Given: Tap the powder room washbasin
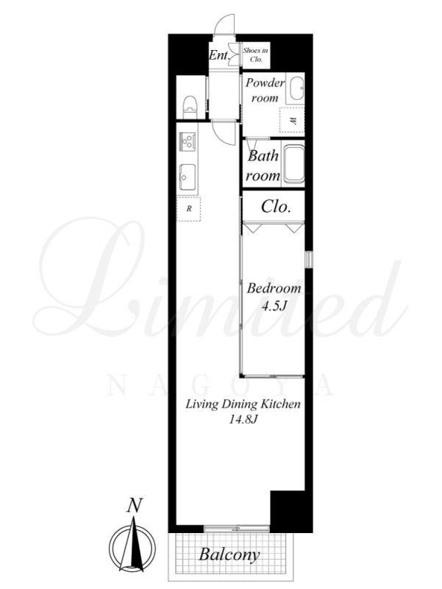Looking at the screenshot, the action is tap(296, 88).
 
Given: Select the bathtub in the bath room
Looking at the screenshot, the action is tap(293, 164).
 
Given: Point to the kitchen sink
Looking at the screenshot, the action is tap(187, 177).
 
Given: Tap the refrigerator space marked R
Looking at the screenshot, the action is tap(189, 208).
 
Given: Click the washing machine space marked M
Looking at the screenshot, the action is tap(292, 120).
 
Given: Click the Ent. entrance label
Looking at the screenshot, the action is tap(219, 56).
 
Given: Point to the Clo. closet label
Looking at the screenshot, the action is tap(276, 206).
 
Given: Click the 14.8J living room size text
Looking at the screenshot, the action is tap(243, 419).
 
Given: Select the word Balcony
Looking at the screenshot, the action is tap(229, 554).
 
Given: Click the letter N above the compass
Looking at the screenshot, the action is tap(135, 505).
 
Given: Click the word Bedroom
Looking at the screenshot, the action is tap(274, 288).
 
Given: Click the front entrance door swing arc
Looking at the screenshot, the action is tap(224, 24).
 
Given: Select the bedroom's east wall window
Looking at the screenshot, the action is tap(309, 259).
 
